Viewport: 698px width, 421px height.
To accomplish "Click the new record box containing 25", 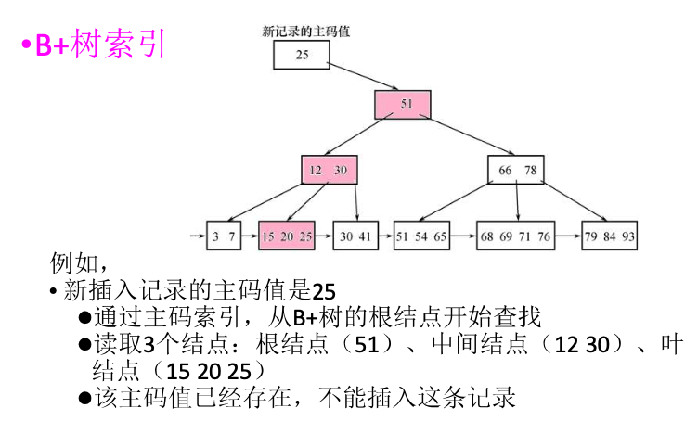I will (302, 56).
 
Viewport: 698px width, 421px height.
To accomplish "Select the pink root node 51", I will (403, 104).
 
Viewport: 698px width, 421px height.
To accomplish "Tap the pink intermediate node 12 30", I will (329, 170).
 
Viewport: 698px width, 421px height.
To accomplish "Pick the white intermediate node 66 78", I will (516, 170).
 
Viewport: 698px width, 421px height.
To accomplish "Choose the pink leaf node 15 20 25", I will (287, 236).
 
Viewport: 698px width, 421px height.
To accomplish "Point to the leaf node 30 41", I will (355, 236).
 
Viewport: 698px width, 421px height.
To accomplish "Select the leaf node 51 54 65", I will (421, 236).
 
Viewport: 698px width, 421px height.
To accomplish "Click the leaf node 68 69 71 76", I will (515, 236).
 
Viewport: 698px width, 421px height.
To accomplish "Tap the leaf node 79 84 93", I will (610, 236).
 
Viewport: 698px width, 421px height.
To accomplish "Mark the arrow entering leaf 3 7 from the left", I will (196, 236).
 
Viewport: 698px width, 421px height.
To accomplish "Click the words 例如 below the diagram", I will (73, 263).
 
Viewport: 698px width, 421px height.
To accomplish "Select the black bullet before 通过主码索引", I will (84, 317).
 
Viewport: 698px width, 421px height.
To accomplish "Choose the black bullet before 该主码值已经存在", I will (84, 399).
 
